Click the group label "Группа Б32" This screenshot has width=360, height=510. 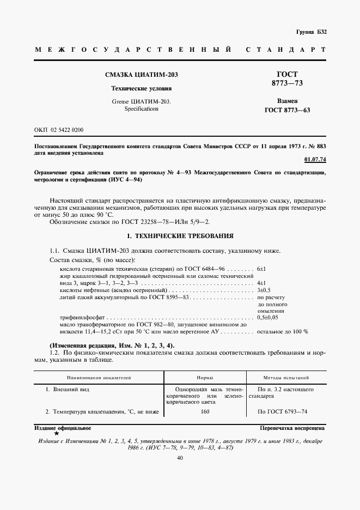311,32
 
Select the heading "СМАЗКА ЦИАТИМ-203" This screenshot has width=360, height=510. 134,75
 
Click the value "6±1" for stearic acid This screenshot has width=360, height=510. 261,270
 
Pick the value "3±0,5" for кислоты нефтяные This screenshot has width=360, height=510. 264,291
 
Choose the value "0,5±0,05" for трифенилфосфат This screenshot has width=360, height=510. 267,317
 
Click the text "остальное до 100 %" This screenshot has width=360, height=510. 282,331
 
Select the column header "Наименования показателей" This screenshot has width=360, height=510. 99,377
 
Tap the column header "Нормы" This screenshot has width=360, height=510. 204,377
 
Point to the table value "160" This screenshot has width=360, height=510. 204,412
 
